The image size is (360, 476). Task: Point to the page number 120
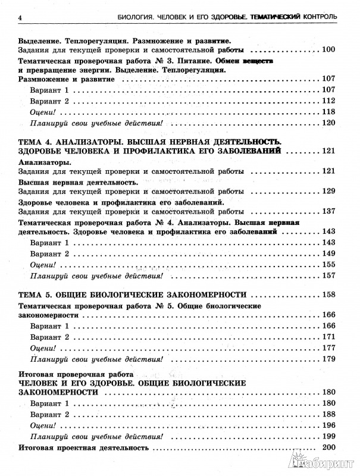(x=329, y=123)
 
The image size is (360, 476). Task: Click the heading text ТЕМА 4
(x=37, y=140)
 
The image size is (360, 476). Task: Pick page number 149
(x=329, y=253)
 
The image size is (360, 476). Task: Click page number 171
(x=329, y=337)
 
